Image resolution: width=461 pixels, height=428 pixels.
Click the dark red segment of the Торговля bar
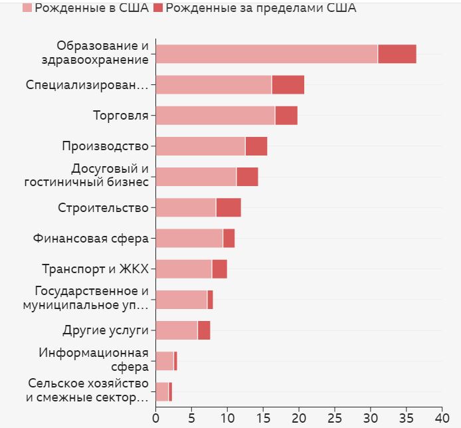pyautogui.click(x=286, y=116)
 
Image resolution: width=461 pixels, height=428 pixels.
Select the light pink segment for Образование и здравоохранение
pyautogui.click(x=266, y=54)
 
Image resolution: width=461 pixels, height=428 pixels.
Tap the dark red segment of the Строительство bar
pyautogui.click(x=229, y=207)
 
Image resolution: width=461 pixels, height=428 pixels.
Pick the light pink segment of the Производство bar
pyautogui.click(x=200, y=146)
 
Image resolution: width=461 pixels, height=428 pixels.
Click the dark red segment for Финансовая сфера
pyautogui.click(x=229, y=238)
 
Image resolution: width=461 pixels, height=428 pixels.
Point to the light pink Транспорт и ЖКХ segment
pyautogui.click(x=183, y=269)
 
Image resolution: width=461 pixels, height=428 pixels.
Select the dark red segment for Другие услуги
pyautogui.click(x=204, y=330)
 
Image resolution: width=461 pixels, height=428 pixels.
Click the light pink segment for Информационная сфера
pyautogui.click(x=164, y=361)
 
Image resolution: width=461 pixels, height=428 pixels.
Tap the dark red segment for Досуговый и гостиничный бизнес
pyautogui.click(x=247, y=177)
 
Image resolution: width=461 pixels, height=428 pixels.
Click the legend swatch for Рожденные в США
pyautogui.click(x=27, y=8)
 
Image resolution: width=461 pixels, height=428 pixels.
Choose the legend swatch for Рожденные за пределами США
pyautogui.click(x=158, y=8)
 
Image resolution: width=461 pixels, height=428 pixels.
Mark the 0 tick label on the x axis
pyautogui.click(x=155, y=418)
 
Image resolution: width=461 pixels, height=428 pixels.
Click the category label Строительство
pyautogui.click(x=103, y=208)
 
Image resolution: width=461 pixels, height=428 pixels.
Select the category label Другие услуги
pyautogui.click(x=106, y=330)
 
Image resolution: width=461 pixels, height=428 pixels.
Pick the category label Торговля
pyautogui.click(x=120, y=116)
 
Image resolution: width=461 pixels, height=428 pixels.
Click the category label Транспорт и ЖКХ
pyautogui.click(x=95, y=269)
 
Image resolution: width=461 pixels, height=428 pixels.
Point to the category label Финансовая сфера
pyautogui.click(x=91, y=239)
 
